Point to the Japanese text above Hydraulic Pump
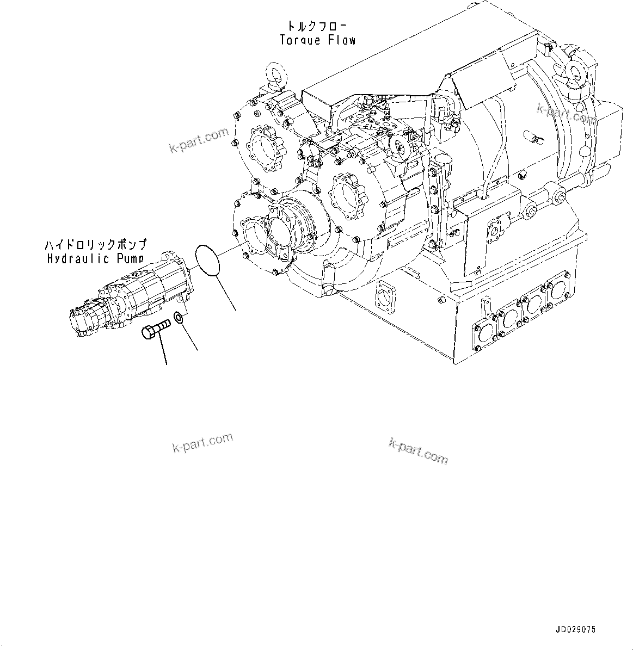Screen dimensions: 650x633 pos(96,245)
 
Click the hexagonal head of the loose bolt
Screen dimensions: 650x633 pos(149,332)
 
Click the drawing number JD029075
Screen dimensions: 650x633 pos(576,629)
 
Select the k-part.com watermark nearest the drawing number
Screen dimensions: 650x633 pos(418,451)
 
